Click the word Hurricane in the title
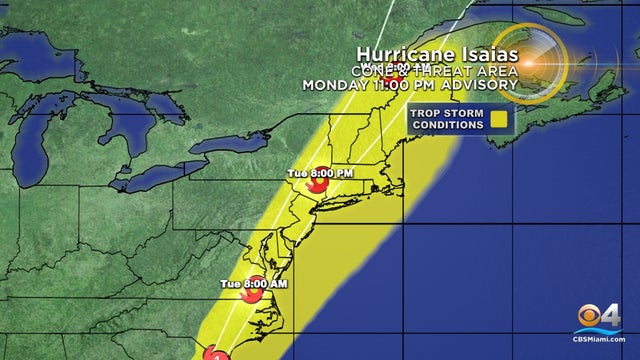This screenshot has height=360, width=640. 401,54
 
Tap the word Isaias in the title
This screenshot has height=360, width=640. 482,54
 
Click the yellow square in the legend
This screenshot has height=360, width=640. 499,118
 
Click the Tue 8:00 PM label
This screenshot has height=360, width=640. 320,173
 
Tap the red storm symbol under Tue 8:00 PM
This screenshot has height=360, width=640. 319,186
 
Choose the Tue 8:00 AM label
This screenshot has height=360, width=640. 254,285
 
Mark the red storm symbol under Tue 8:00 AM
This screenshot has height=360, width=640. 254,297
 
